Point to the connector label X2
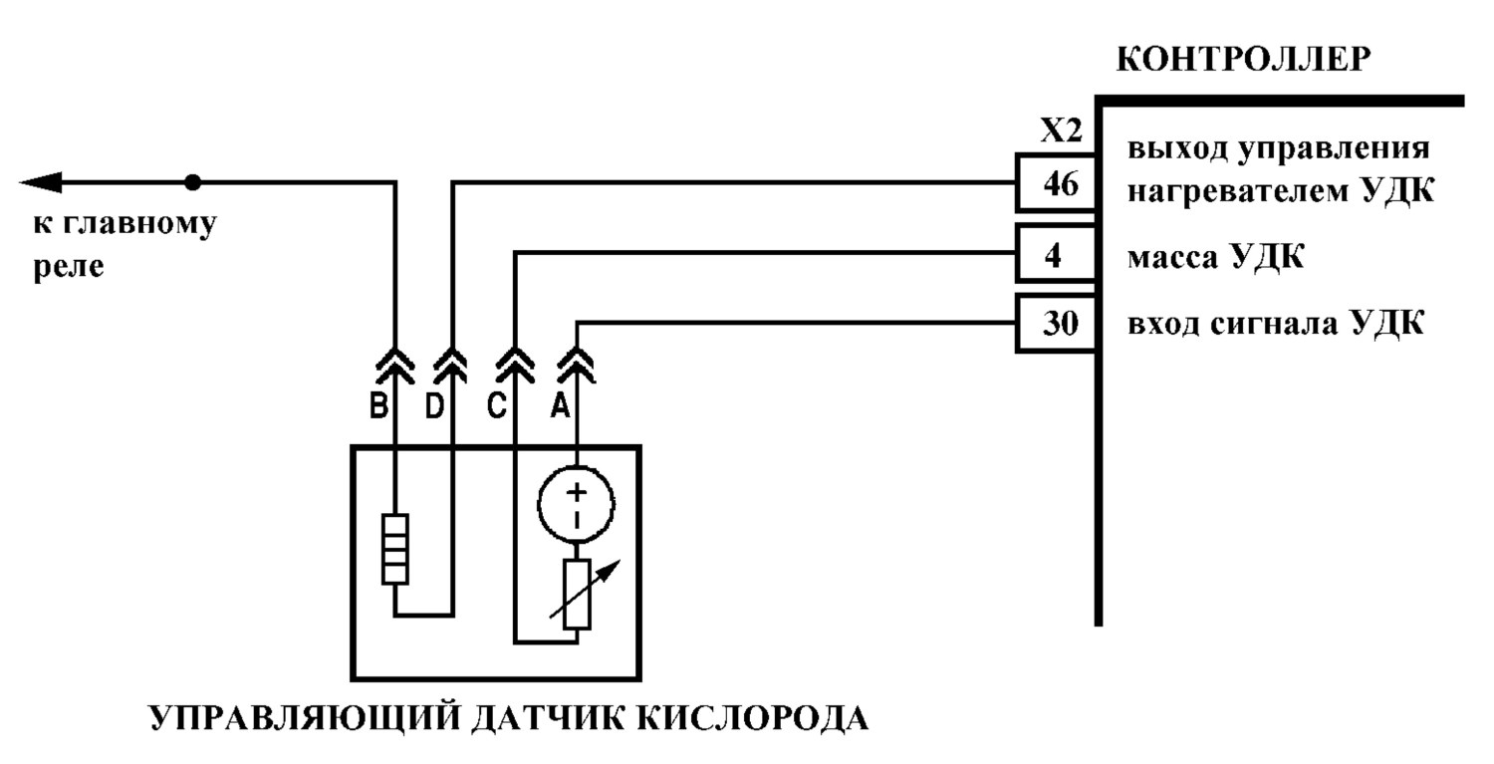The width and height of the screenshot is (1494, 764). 1061,130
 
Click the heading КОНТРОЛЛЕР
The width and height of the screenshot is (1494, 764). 1243,60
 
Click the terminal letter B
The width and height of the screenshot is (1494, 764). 378,405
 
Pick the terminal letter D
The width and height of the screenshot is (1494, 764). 435,405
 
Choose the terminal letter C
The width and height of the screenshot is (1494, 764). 496,405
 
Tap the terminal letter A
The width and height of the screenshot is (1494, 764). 560,405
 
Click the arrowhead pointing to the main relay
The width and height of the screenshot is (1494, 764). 40,182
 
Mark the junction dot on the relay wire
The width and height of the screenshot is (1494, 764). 193,182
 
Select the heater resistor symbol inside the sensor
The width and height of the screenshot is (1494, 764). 394,549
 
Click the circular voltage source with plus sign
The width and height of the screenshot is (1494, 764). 577,504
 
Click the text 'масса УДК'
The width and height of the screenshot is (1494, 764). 1215,257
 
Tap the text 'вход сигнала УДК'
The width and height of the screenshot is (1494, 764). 1276,324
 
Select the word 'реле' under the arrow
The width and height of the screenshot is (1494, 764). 69,267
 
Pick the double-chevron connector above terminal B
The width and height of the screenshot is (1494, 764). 394,366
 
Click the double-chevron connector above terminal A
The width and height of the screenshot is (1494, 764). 577,366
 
